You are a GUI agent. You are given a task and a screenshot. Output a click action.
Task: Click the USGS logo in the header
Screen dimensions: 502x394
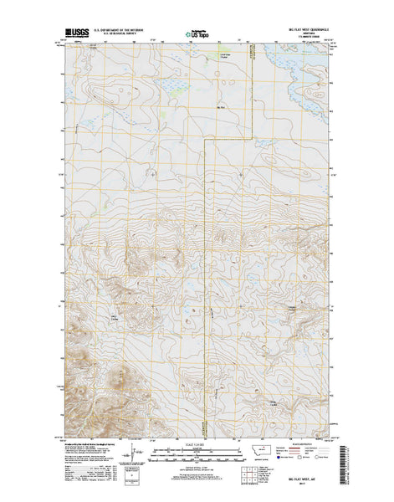74,35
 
